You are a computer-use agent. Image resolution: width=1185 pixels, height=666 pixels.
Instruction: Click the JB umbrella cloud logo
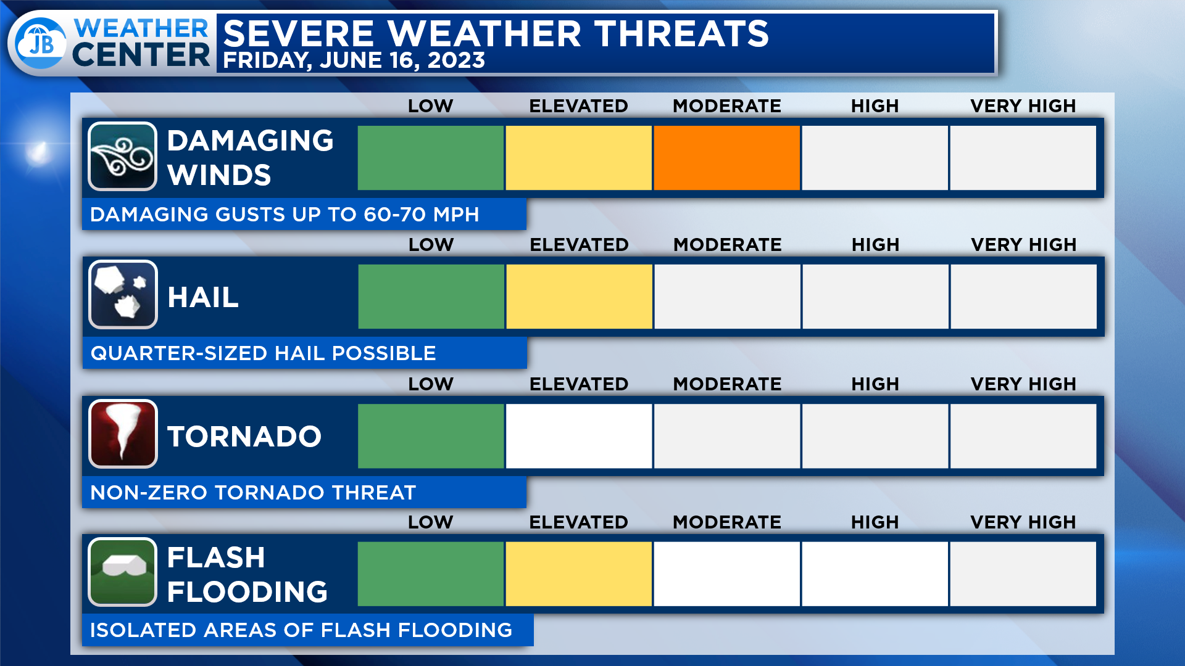point(41,43)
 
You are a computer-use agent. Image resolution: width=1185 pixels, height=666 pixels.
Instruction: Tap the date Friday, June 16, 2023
point(354,60)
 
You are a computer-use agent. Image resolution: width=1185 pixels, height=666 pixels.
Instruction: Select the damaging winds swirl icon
point(122,157)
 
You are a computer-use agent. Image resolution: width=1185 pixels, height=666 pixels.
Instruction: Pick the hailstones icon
point(123,295)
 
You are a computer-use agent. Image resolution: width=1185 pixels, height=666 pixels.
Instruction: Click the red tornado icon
point(123,434)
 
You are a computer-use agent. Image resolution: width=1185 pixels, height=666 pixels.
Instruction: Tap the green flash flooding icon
point(122,572)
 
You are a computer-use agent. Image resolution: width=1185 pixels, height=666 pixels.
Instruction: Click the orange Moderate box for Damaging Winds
point(726,158)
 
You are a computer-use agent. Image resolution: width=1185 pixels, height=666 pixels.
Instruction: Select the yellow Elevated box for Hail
point(579,297)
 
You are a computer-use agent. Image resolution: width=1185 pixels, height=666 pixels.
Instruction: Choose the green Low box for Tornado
point(431,436)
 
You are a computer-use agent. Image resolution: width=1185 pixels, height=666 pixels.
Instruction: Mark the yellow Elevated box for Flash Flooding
point(578,574)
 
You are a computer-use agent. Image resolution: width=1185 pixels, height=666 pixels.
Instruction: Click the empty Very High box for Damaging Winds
point(1023,158)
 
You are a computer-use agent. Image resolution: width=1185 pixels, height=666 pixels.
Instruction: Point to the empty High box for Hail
point(875,297)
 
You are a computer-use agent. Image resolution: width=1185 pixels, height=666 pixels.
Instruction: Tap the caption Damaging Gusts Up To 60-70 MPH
point(285,215)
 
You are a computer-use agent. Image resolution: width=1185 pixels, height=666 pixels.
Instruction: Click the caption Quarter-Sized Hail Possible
point(264,353)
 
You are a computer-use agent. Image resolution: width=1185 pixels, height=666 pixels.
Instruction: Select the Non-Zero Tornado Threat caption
point(253,493)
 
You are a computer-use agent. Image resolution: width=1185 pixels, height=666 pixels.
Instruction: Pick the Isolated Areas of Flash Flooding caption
point(301,630)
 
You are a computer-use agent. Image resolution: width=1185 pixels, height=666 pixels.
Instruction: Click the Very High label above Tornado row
point(1023,384)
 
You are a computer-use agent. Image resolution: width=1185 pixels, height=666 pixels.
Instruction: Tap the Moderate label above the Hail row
point(728,245)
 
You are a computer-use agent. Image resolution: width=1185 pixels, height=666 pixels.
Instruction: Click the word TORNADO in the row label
point(244,437)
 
